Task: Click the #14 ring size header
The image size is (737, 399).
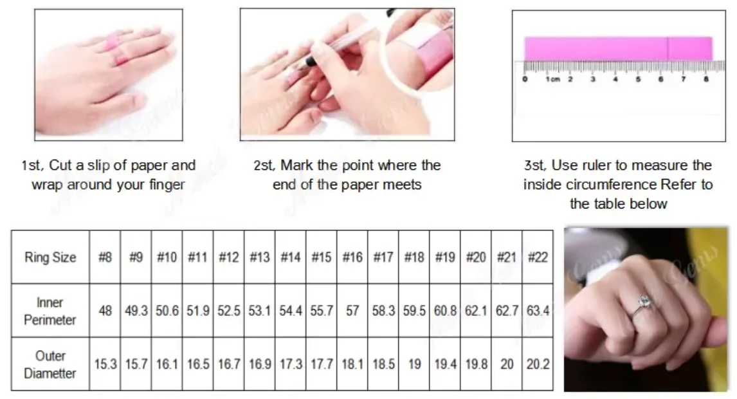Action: point(291,257)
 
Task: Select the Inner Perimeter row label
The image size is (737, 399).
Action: point(50,311)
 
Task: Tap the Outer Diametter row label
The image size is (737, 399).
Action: point(50,364)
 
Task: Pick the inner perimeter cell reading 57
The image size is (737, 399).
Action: point(352,311)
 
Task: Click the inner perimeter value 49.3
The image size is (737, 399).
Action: point(136,311)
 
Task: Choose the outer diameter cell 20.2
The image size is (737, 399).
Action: point(538,364)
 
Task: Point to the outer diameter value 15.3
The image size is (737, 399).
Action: point(105,364)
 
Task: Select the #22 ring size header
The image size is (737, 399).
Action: point(538,257)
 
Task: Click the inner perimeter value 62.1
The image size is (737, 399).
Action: point(476,311)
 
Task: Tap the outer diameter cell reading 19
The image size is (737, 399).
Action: point(414,364)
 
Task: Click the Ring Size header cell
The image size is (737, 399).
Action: point(50,257)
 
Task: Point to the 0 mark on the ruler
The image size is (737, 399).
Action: point(525,79)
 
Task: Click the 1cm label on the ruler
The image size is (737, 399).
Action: point(553,79)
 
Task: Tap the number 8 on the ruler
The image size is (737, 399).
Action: point(706,79)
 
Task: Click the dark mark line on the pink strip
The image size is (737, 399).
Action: point(668,48)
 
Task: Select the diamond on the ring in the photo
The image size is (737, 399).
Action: point(644,300)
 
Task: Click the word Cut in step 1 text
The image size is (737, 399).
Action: point(60,165)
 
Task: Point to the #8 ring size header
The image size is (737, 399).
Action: point(105,257)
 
